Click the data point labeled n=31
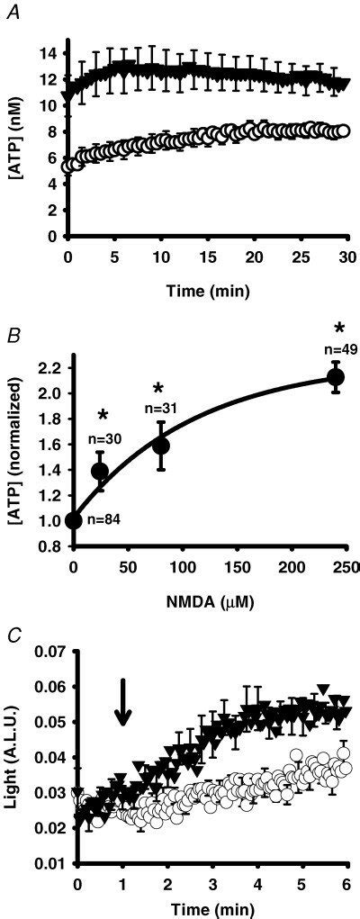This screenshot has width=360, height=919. point(161,445)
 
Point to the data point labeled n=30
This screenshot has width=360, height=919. point(100,471)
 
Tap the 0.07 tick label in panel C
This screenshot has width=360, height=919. point(43,648)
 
